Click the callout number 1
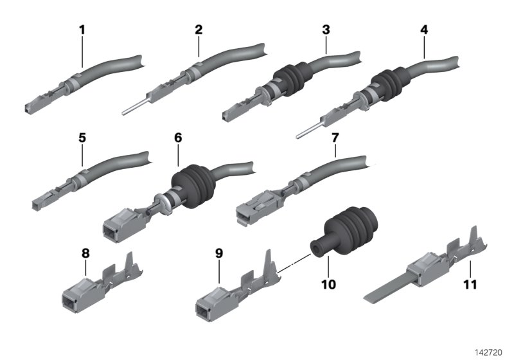tap(82, 30)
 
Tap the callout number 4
tap(424, 30)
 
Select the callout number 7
tap(335, 138)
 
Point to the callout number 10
tap(328, 284)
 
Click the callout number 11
tap(470, 284)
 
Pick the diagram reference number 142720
tap(489, 352)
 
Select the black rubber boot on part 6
tap(193, 186)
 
